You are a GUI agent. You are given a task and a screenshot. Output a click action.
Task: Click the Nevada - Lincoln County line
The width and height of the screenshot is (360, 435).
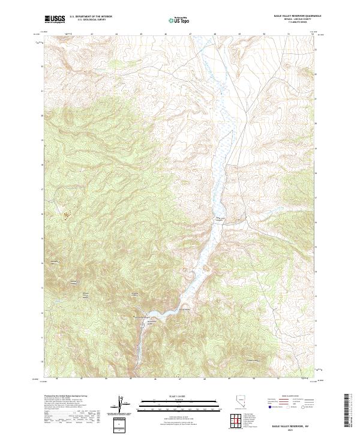point(296,20)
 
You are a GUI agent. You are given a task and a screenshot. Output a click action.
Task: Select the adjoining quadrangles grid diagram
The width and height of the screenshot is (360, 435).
point(236,422)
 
